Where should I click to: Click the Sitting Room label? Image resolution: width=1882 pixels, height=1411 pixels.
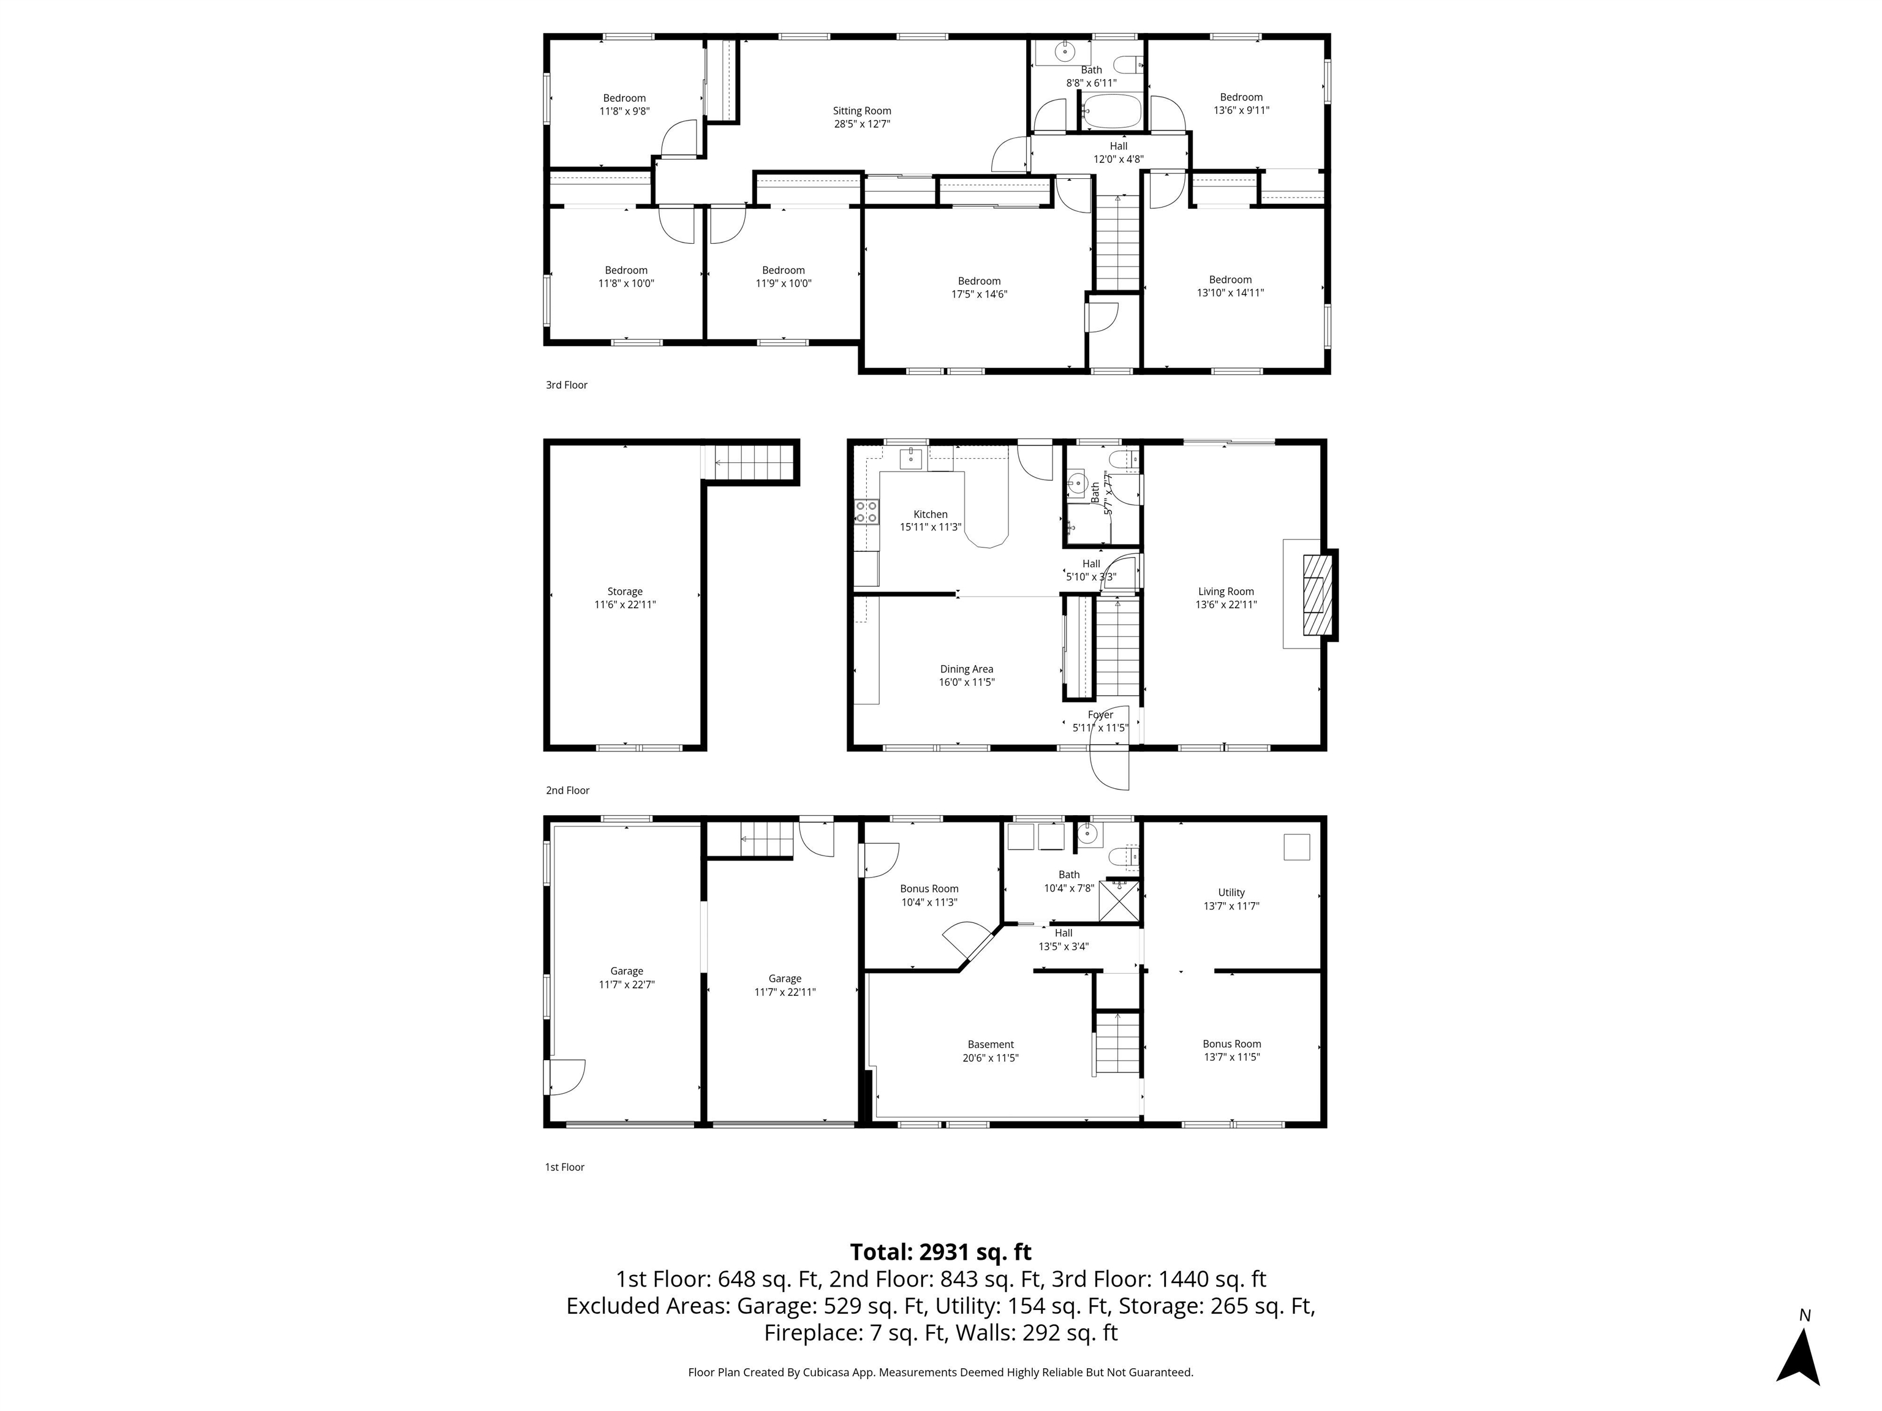(862, 111)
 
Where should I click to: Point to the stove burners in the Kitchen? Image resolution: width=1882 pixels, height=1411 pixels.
(867, 512)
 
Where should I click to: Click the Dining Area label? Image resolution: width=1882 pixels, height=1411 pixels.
(967, 669)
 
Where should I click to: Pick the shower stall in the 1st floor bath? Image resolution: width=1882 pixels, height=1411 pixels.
(1120, 901)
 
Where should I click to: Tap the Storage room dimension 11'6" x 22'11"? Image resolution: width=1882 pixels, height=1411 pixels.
(625, 604)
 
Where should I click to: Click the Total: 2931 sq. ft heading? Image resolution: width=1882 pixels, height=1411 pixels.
(940, 1252)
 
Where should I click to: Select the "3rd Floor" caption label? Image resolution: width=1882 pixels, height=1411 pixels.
(567, 385)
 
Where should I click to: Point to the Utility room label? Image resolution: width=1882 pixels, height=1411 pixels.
(1231, 892)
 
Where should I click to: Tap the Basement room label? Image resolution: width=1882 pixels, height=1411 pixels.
(991, 1044)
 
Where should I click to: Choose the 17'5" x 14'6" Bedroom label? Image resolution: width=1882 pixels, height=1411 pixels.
(979, 295)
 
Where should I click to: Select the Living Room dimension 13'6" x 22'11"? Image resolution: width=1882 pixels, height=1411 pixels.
(1226, 604)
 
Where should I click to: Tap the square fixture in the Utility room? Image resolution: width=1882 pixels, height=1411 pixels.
(1297, 847)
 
